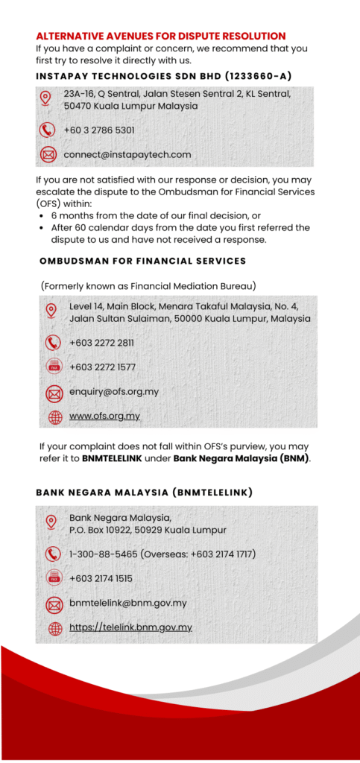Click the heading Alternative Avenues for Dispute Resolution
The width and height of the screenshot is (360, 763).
(160, 36)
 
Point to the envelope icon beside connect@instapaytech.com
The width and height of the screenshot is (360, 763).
(48, 155)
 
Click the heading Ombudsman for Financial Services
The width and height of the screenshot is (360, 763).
(142, 261)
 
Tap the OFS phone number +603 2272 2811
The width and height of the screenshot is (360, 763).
(101, 343)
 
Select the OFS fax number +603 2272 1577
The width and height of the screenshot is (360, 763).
(101, 367)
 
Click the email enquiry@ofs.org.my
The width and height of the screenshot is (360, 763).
(114, 392)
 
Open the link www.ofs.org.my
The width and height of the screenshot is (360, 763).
(104, 417)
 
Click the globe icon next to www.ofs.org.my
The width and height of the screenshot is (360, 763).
(54, 417)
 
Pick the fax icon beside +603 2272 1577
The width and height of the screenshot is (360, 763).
(54, 367)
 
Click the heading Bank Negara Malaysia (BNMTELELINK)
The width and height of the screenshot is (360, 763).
(144, 493)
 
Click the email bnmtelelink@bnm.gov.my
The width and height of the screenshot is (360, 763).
(128, 604)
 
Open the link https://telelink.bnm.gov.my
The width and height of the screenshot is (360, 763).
(130, 628)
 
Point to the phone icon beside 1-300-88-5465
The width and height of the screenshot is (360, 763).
(54, 554)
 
